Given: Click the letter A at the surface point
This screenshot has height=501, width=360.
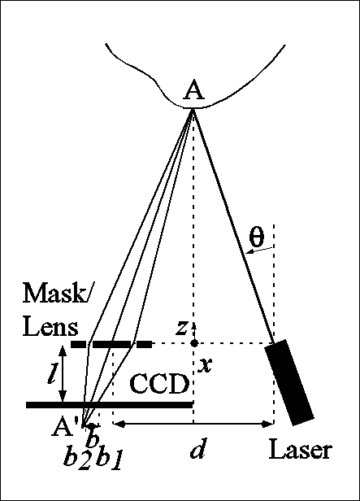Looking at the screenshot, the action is pos(193,90).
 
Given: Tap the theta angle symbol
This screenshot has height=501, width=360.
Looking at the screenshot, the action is pos(257,237).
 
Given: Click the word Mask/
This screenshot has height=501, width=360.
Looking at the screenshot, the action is pos(56,294).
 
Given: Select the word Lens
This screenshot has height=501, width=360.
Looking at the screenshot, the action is pos(50,327).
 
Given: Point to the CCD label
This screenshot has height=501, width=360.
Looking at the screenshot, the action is pos(159,384).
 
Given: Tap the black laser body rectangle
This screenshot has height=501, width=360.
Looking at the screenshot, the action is pos(289,382).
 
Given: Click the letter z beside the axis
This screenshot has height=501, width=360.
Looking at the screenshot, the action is pos(181,328).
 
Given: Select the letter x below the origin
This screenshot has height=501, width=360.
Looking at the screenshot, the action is pos(205,365).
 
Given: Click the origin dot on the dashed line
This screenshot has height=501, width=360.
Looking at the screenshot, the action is pos(194,343).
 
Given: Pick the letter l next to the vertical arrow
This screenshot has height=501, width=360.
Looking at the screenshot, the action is pos(51,372).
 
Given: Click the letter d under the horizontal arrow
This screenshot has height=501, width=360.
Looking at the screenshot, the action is pos(197,448).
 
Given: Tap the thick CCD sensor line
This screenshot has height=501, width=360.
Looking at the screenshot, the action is pos(110,405).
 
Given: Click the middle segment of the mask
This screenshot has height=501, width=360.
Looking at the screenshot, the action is pos(111,344).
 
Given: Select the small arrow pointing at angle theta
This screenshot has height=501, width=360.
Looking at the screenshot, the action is pos(260,250).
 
